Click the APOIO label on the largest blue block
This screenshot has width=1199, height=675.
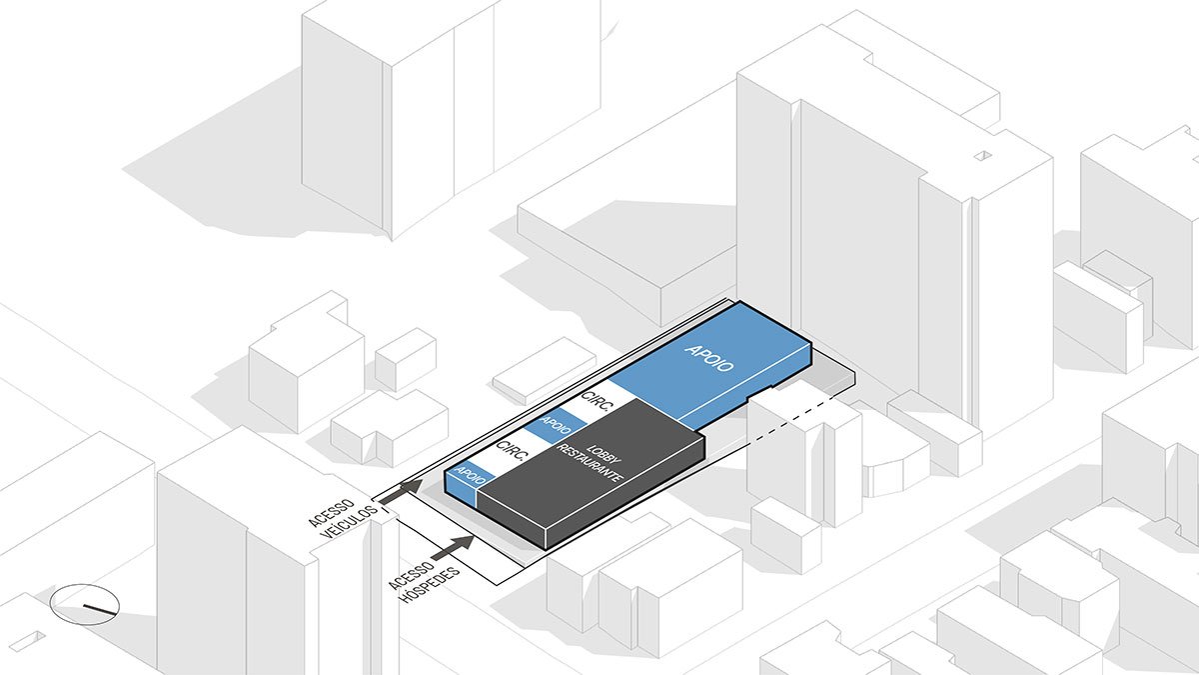click(710, 358)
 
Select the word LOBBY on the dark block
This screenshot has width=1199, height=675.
click(598, 452)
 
